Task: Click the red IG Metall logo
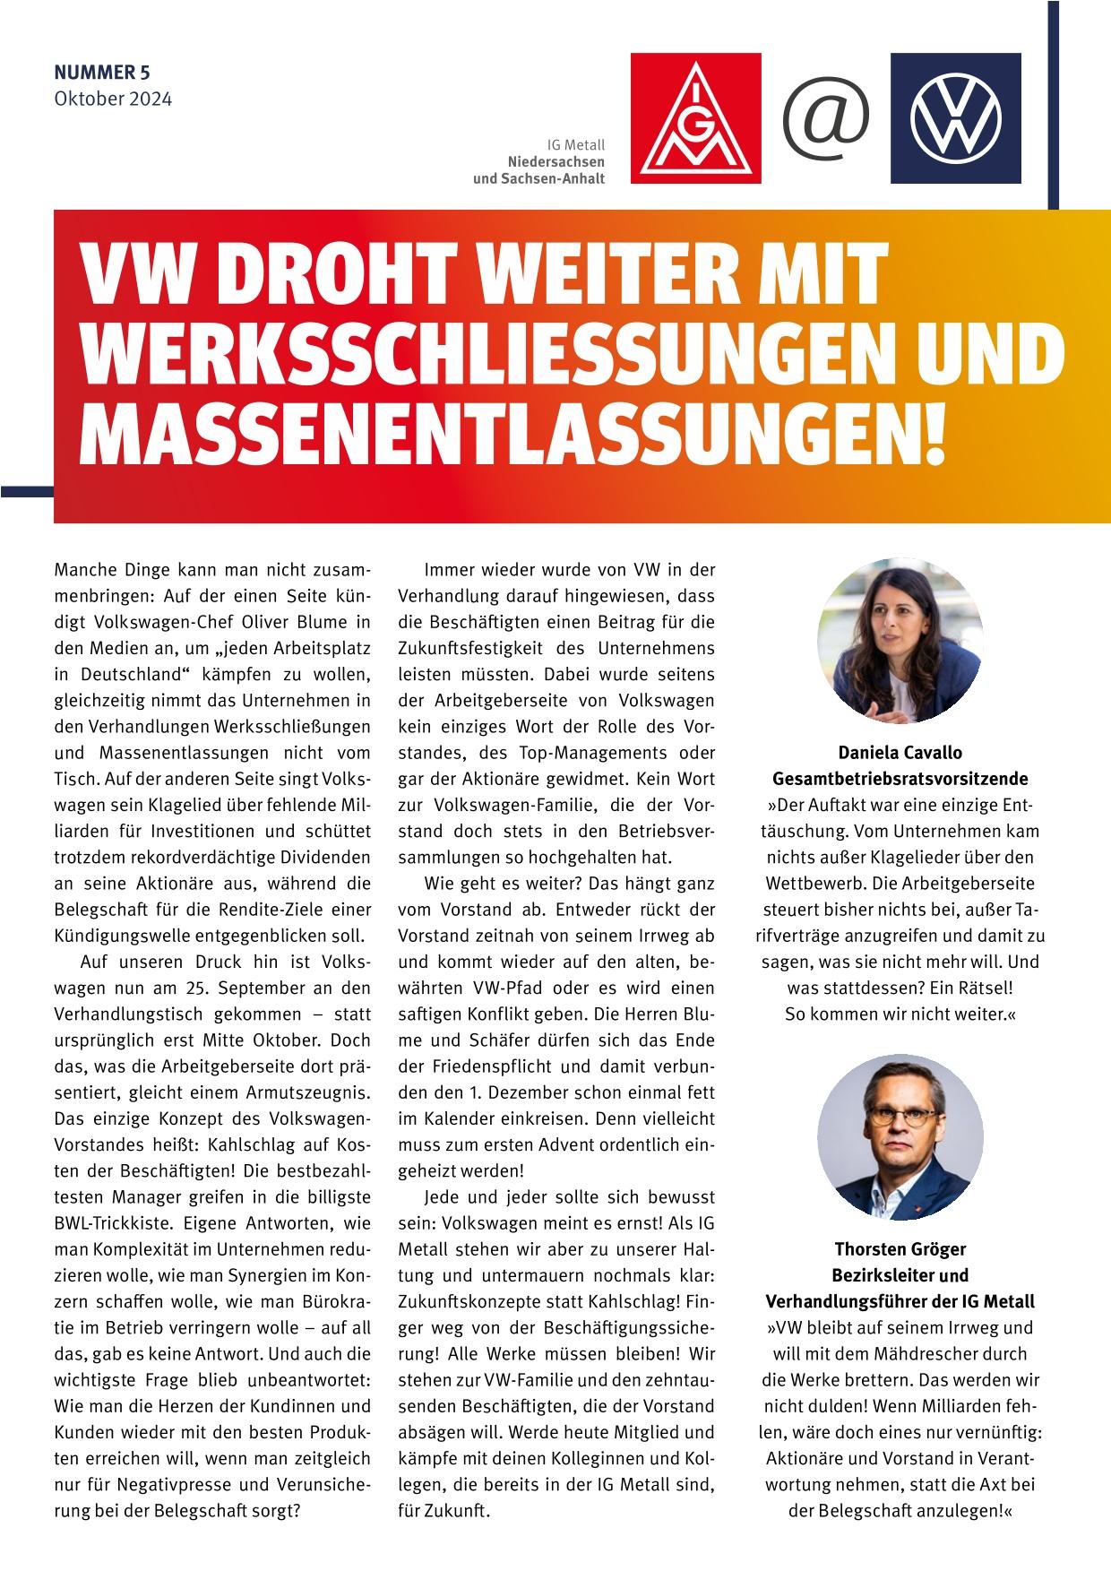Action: (x=696, y=118)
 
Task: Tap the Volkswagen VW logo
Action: (x=955, y=118)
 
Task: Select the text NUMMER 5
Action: (x=102, y=73)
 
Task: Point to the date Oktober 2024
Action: (x=113, y=98)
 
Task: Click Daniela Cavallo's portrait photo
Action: (x=900, y=639)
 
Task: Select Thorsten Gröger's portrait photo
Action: (x=900, y=1136)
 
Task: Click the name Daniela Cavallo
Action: (x=900, y=753)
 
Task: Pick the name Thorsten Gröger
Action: (x=900, y=1248)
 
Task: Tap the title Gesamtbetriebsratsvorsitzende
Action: (x=900, y=778)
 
